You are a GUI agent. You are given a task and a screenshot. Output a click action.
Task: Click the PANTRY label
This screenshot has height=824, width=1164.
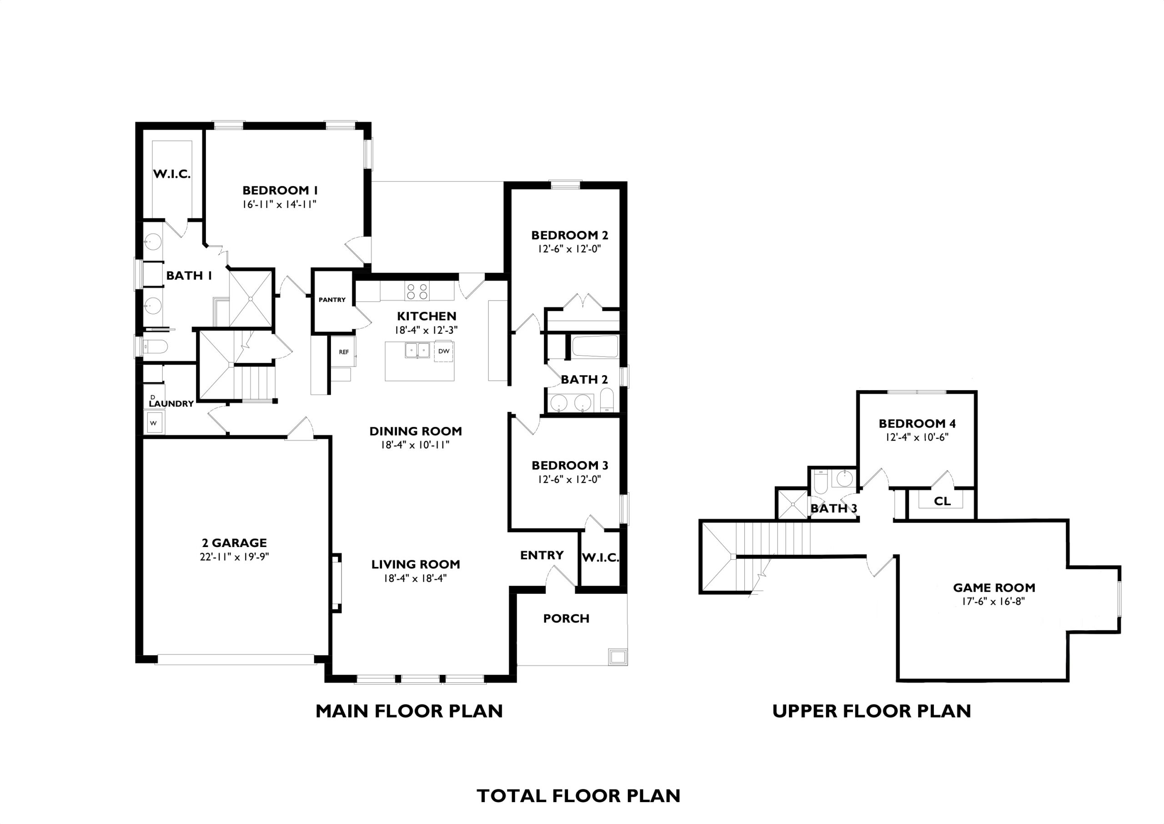coord(332,300)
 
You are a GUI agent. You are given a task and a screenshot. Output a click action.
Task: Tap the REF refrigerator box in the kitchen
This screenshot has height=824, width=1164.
coord(344,352)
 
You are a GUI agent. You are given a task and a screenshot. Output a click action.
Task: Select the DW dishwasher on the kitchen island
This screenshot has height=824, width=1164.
coord(444,351)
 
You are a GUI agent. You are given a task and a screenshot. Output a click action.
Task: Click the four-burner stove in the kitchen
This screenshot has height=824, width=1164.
coord(417,291)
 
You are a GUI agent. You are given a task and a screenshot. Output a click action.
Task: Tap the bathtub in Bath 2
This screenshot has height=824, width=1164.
coord(595,346)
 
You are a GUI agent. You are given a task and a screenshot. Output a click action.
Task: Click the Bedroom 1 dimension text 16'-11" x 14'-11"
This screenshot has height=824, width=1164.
coord(280,205)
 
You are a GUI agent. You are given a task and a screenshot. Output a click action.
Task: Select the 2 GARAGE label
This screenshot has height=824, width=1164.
coord(233,543)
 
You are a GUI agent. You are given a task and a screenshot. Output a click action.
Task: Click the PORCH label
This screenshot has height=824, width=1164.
coord(566,618)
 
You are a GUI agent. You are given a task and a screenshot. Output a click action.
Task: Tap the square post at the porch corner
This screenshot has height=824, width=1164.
coord(617,657)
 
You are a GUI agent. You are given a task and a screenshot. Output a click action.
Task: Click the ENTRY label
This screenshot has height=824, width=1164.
coord(542,555)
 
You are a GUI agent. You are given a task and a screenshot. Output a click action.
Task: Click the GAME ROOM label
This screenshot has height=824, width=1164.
coord(994,588)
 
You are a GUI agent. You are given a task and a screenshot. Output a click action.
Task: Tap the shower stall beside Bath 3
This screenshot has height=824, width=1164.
coord(792,504)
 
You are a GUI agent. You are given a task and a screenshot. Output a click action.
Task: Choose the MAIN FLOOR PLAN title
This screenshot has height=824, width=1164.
coord(409,711)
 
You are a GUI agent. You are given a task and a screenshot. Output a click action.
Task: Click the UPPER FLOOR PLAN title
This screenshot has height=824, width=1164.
coord(871,711)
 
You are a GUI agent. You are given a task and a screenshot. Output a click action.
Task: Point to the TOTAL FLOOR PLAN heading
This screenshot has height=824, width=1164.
coord(579,796)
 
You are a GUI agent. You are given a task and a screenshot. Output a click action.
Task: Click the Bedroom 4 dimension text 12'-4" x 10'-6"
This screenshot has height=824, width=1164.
coord(917,437)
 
